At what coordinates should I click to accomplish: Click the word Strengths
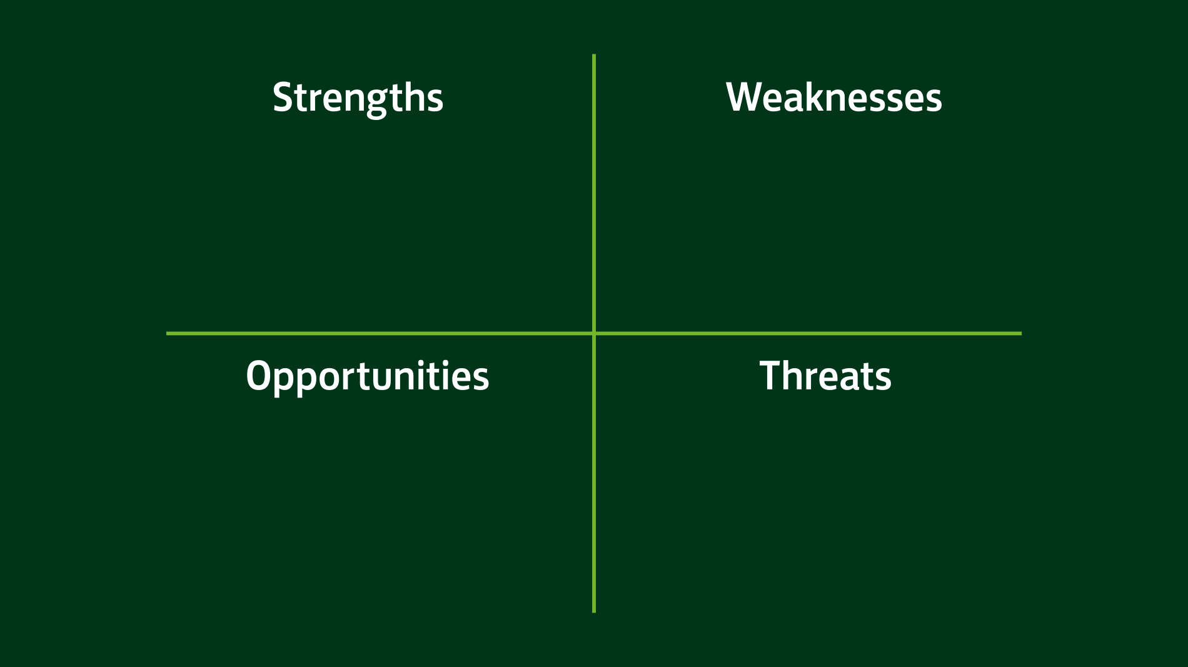point(358,98)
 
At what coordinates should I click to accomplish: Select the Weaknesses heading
point(833,98)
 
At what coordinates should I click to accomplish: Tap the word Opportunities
point(367,376)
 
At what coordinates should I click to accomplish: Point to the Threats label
point(825,376)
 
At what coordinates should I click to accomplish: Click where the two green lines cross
point(594,333)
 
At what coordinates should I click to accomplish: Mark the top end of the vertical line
point(594,56)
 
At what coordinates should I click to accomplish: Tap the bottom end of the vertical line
point(594,611)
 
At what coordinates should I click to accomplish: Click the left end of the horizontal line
point(168,333)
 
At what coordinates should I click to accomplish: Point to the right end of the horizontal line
point(1020,333)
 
